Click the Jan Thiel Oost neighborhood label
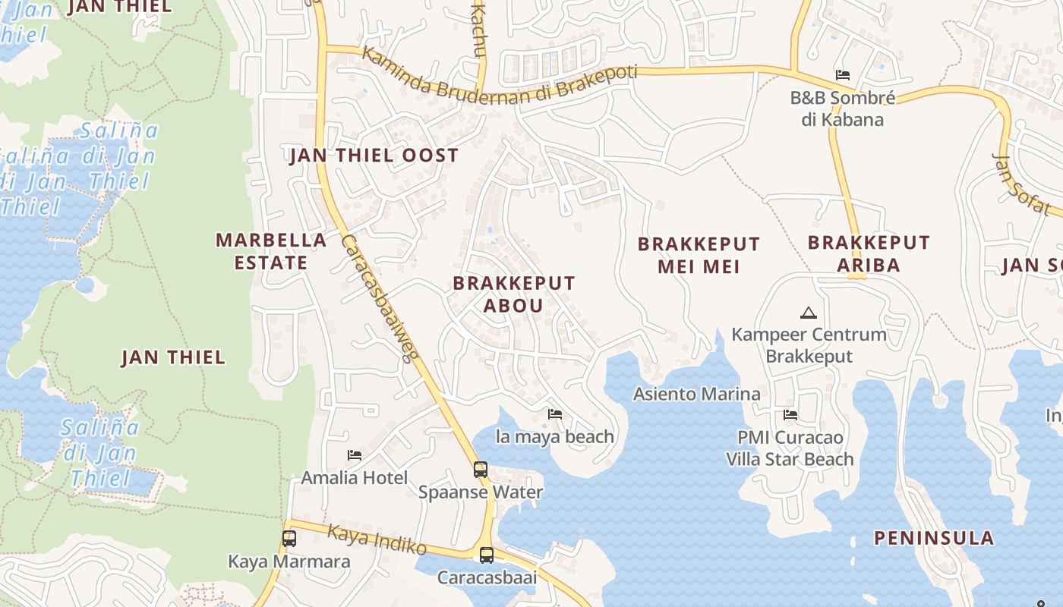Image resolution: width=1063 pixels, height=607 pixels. click(x=374, y=156)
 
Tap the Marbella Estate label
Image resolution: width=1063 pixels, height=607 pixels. click(x=271, y=251)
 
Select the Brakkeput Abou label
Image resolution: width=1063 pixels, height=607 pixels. click(x=514, y=294)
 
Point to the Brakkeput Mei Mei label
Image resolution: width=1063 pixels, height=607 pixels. click(x=699, y=256)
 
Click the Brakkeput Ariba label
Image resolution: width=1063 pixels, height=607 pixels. click(x=869, y=253)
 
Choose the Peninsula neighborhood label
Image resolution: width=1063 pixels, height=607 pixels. click(x=934, y=538)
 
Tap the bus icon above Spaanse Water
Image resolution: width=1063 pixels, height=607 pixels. click(x=481, y=470)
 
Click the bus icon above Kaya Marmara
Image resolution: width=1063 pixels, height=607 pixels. click(x=289, y=539)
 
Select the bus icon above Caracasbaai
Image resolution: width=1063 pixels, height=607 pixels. click(x=487, y=555)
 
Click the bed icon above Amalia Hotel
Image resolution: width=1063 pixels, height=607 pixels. click(x=355, y=455)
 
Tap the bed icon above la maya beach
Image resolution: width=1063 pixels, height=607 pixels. click(x=555, y=414)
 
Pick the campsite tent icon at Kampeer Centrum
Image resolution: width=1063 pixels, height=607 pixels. click(x=809, y=313)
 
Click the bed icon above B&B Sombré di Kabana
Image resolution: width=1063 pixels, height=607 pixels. click(x=842, y=75)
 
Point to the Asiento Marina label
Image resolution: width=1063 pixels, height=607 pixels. click(x=697, y=394)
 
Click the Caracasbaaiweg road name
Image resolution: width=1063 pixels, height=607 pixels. click(x=377, y=298)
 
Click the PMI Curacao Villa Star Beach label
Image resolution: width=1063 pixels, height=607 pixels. click(x=790, y=448)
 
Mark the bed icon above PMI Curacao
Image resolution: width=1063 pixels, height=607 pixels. click(x=790, y=415)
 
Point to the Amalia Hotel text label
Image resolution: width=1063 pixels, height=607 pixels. click(x=355, y=478)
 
